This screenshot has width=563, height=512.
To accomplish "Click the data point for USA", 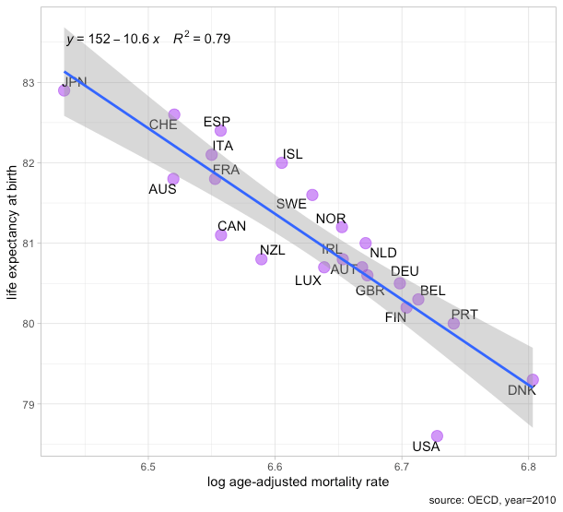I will click(437, 435).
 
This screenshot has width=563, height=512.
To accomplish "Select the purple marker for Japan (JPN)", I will click(64, 90).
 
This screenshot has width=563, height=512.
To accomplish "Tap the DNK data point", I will click(533, 379).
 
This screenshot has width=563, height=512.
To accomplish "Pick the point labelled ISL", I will click(282, 162).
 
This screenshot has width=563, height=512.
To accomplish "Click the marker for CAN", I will click(221, 235).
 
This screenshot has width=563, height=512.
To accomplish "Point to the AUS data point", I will click(173, 178).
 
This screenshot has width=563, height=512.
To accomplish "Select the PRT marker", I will click(453, 323).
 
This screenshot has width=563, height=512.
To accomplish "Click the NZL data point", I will click(262, 259).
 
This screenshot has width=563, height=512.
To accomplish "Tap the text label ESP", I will click(217, 122).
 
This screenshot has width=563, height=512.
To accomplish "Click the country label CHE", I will click(163, 125).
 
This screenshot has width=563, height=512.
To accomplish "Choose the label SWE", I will click(291, 203).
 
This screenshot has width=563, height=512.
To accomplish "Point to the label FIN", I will click(395, 317).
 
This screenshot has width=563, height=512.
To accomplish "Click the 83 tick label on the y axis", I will click(29, 83).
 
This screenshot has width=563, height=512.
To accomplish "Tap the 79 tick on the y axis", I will click(29, 404).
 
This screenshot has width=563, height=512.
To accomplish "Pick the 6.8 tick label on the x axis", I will click(528, 463).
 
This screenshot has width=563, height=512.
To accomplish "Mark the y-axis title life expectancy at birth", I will click(12, 240).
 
